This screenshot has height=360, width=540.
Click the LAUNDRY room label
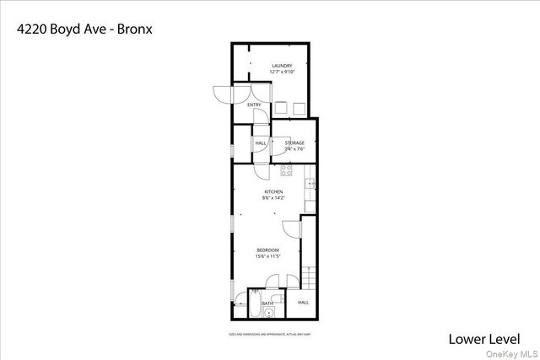coord(281,66)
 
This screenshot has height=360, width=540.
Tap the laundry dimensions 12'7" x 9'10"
coord(281,72)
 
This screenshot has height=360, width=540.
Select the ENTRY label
coord(254,105)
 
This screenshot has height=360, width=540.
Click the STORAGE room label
coord(294,143)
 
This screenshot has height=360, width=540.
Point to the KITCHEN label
coord(273,192)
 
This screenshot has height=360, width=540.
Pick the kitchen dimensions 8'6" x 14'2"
coord(273,198)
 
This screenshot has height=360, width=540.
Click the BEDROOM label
coord(268,250)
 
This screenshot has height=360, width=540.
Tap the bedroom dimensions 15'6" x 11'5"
coord(268,256)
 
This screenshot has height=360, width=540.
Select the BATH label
coord(267,303)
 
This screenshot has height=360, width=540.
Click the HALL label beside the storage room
coord(261,143)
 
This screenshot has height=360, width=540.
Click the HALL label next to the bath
coord(303,302)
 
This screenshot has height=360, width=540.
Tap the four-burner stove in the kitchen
coord(286,171)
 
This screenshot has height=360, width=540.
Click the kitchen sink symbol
coord(310,183)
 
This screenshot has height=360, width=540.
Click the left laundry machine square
coord(279,107)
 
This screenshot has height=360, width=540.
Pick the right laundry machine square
coord(299,107)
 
